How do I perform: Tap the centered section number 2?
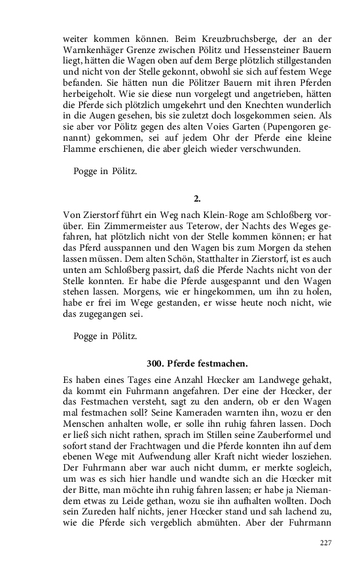198,198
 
